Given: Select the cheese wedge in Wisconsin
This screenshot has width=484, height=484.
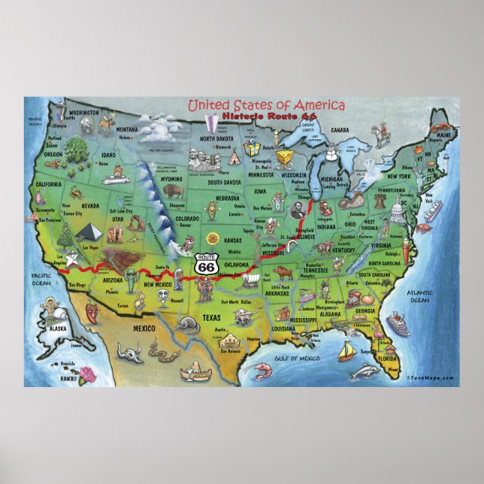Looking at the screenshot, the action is coord(284,156).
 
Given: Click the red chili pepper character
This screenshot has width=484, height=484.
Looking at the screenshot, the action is coord(93,308).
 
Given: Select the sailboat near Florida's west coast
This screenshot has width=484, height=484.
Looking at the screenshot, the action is coord(346,349).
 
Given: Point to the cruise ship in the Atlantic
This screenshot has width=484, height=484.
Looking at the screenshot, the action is coord(397,325).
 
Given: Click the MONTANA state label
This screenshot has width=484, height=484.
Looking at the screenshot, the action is coord(127,129).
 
